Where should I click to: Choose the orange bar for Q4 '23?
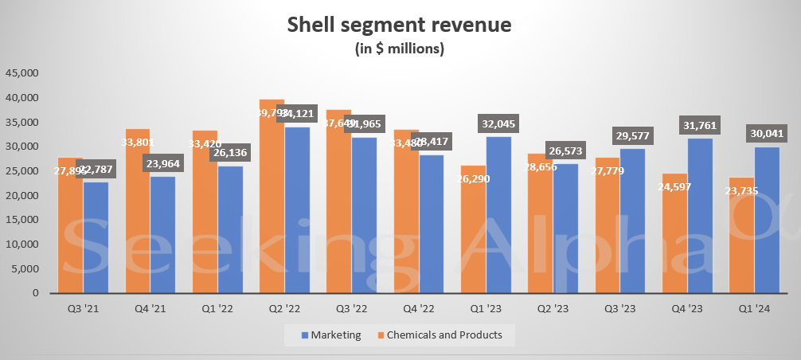675,239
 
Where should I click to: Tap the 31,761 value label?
701,125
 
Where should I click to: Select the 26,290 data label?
473,180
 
